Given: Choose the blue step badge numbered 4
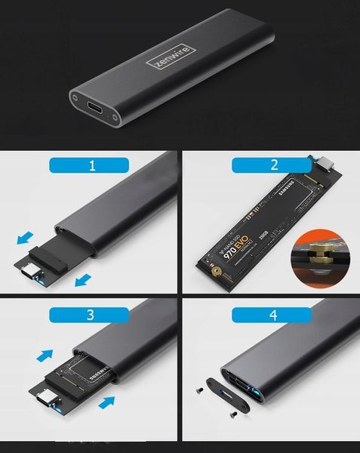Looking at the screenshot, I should point(269,313).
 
